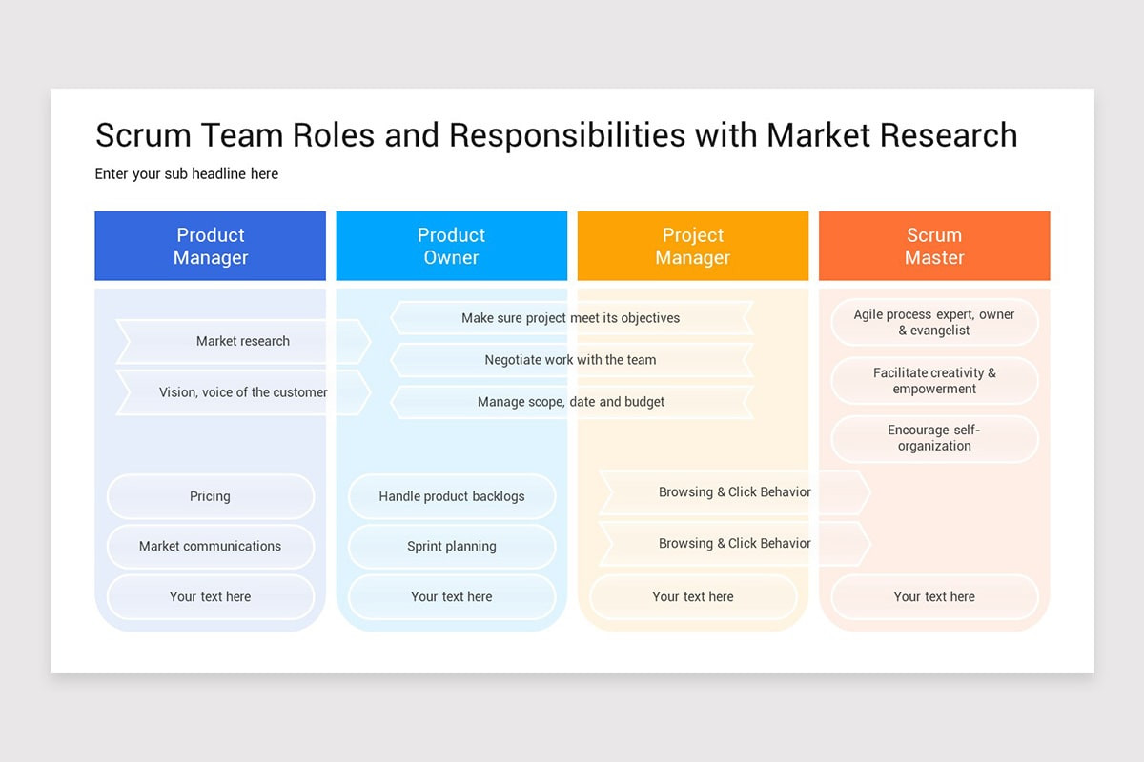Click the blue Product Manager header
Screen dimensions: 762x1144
coord(210,246)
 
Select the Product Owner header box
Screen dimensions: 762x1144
coord(451,246)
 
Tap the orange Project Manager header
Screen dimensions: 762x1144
coord(692,246)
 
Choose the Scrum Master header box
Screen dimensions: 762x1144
coord(934,246)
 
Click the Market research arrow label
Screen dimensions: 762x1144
coord(243,341)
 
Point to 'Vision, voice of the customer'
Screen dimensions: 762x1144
coord(243,392)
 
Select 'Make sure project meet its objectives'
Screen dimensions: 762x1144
coord(570,318)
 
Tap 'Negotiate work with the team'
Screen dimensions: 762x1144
coord(570,360)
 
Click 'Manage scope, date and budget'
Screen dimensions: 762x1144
coord(570,402)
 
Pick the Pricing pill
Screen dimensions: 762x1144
coord(210,496)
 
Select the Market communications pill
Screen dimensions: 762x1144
coord(210,547)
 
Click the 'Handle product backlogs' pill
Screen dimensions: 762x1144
coord(451,496)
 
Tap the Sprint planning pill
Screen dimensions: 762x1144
coord(451,547)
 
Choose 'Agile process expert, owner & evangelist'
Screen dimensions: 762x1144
coord(934,323)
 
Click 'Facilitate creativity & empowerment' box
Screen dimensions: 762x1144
coord(934,381)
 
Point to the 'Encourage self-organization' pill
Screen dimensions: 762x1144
coord(934,438)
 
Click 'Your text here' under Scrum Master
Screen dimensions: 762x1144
coord(934,597)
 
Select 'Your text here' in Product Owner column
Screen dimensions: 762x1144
coord(451,597)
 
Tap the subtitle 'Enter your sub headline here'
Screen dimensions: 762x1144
coord(187,174)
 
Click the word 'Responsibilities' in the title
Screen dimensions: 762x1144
coord(566,135)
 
